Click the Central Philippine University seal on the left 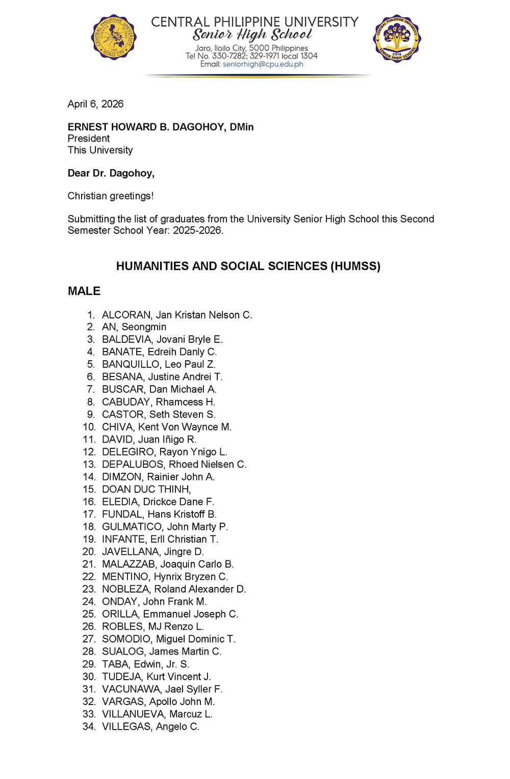pyautogui.click(x=114, y=37)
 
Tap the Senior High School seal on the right pyautogui.click(x=397, y=38)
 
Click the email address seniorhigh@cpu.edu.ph pyautogui.click(x=263, y=64)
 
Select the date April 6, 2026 pyautogui.click(x=95, y=104)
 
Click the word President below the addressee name pyautogui.click(x=89, y=139)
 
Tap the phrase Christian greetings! pyautogui.click(x=111, y=196)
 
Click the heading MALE pyautogui.click(x=84, y=291)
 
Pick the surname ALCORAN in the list pyautogui.click(x=126, y=315)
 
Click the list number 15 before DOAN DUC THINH pyautogui.click(x=89, y=489)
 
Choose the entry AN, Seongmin pyautogui.click(x=134, y=327)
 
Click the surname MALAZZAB pyautogui.click(x=130, y=564)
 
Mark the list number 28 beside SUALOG pyautogui.click(x=89, y=652)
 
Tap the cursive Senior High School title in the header pyautogui.click(x=252, y=35)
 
